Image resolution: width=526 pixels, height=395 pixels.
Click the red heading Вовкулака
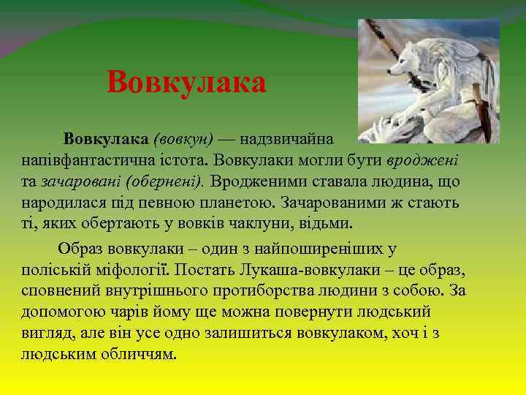coord(186,83)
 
